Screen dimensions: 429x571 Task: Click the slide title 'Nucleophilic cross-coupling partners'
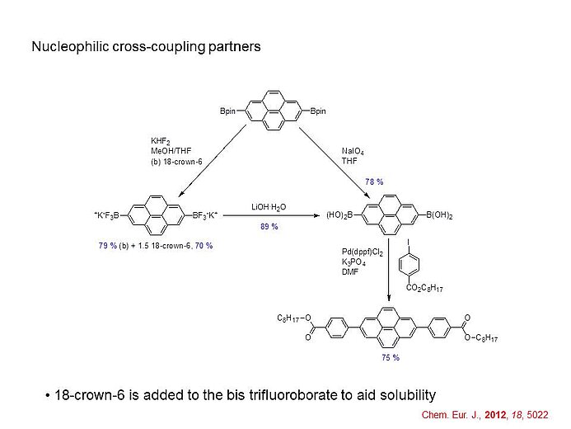pyautogui.click(x=146, y=46)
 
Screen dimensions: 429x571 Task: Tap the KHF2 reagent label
pyautogui.click(x=160, y=142)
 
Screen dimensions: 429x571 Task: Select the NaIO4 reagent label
pyautogui.click(x=353, y=151)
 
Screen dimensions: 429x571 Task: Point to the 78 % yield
pyautogui.click(x=374, y=181)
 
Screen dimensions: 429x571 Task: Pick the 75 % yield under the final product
pyautogui.click(x=390, y=357)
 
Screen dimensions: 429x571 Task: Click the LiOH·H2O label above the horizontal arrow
pyautogui.click(x=269, y=206)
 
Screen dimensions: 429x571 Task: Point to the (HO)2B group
pyautogui.click(x=339, y=215)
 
